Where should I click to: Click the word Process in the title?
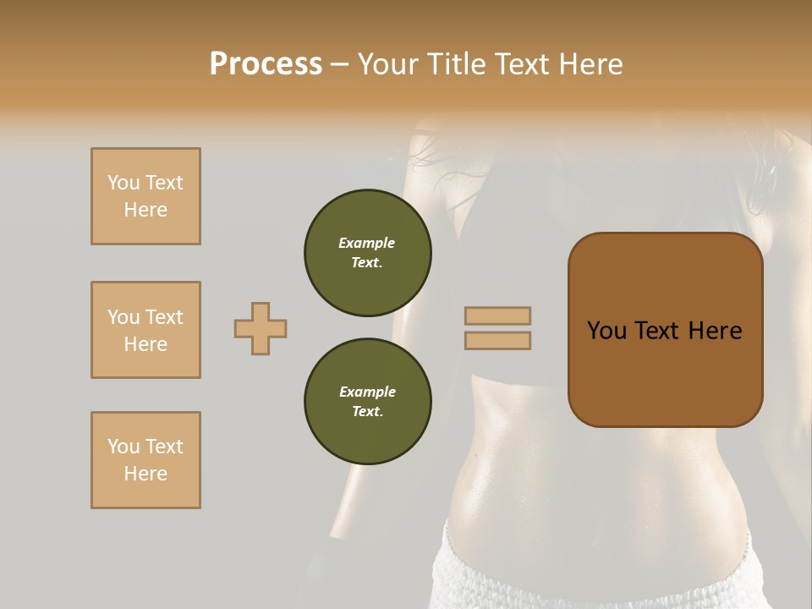coord(266,64)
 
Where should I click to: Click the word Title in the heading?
coord(449,64)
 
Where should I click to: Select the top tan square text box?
coord(145,196)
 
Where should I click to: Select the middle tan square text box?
coord(145,330)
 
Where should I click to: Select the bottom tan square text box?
coord(145,460)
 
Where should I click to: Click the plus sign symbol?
coord(261,328)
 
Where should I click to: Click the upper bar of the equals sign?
coord(497,316)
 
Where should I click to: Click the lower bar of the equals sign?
coord(497,340)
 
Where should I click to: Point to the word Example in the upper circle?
coord(367,243)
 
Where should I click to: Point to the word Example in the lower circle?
coord(367,392)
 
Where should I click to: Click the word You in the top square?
coord(123,183)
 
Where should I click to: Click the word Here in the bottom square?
coord(145,474)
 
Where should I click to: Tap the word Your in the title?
coord(386,64)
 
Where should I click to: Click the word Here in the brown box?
coord(716,331)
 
